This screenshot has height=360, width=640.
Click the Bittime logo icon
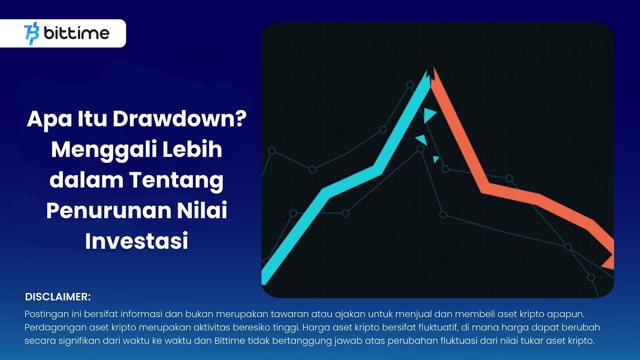click(x=32, y=34)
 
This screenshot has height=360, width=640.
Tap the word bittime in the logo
click(x=76, y=33)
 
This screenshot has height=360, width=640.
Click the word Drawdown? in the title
click(x=180, y=119)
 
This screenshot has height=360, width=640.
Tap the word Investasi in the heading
click(x=136, y=241)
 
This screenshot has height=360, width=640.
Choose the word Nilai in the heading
click(x=202, y=210)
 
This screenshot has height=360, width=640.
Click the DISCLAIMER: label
click(x=58, y=297)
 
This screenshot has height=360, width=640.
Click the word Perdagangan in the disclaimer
click(x=55, y=328)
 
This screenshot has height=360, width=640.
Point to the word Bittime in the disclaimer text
click(x=230, y=341)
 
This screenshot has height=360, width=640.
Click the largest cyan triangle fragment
click(x=429, y=115)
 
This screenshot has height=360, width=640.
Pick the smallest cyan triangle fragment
click(x=436, y=159)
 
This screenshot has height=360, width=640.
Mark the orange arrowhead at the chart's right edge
click(x=609, y=262)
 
